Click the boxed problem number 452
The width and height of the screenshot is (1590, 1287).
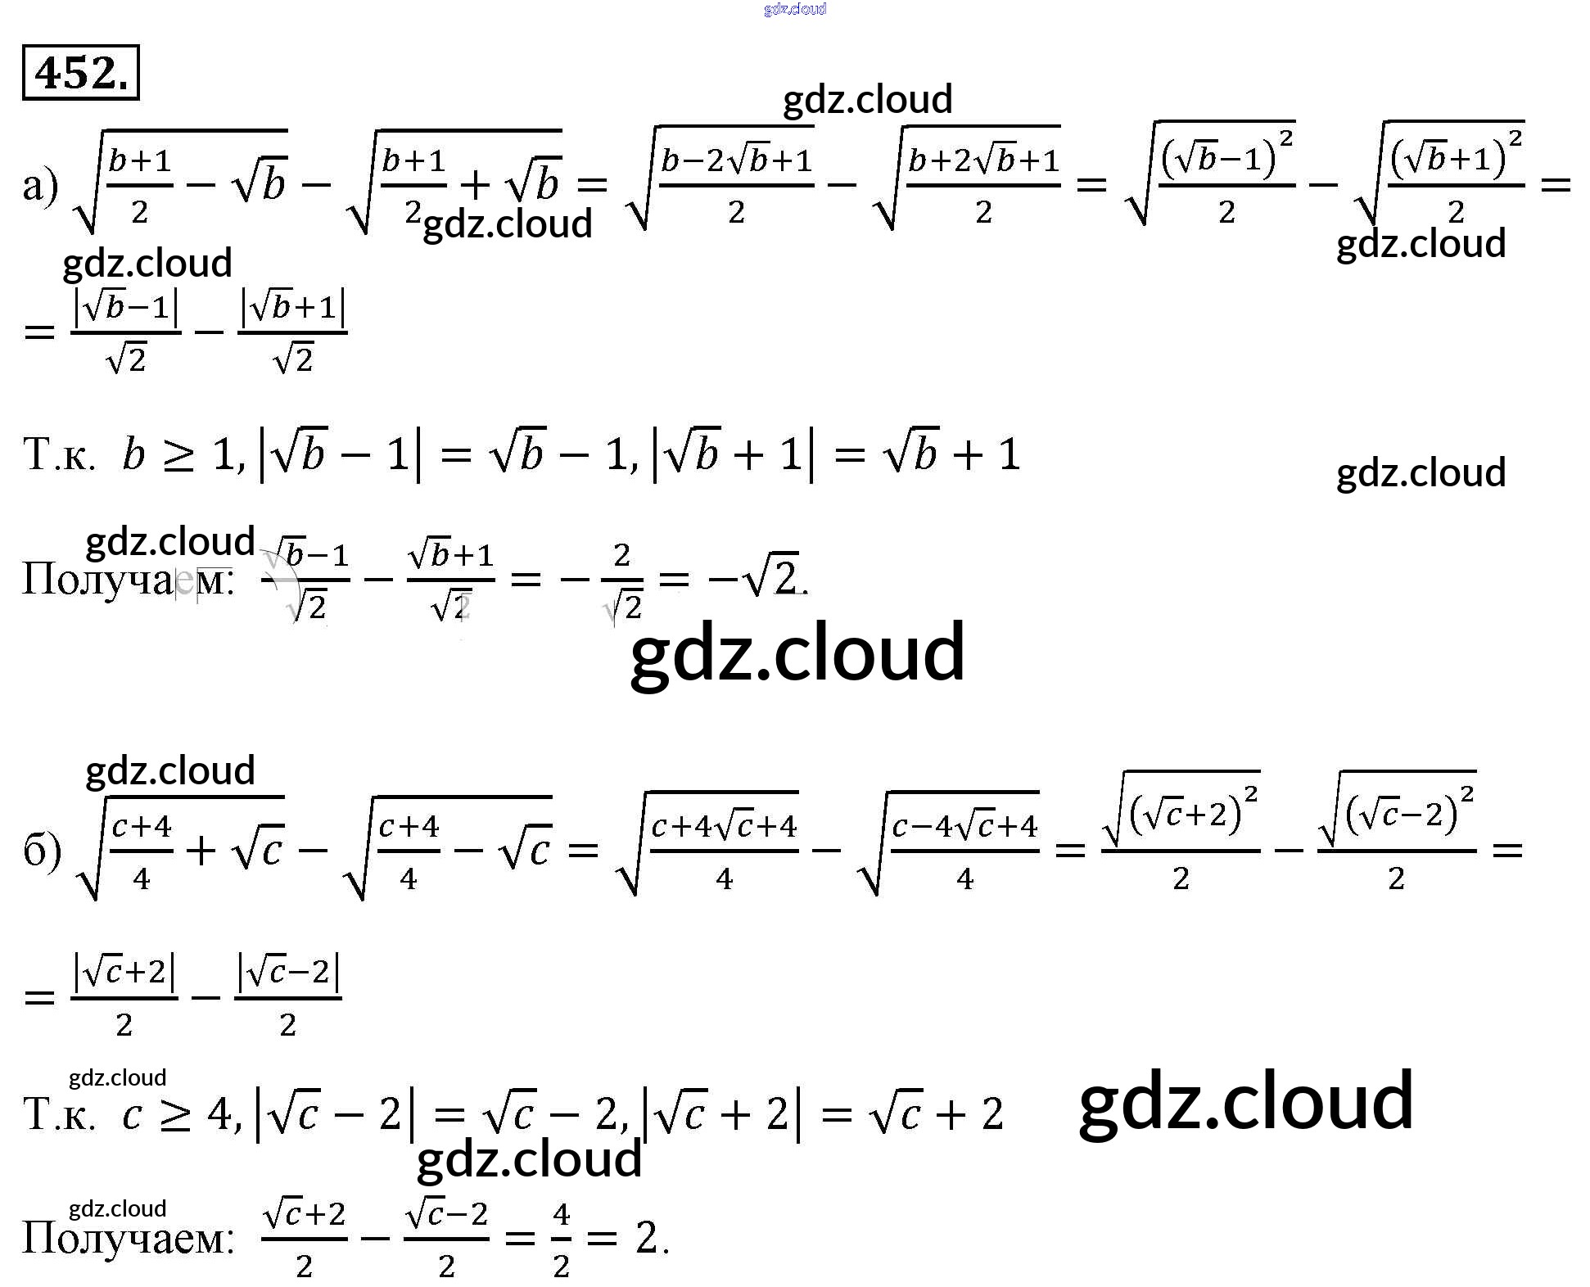(x=80, y=73)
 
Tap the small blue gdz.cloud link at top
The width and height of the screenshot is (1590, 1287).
(x=794, y=9)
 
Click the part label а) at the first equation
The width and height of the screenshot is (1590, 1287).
(x=40, y=185)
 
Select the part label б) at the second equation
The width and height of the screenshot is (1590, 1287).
(x=42, y=851)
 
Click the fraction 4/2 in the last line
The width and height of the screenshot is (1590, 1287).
(x=561, y=1238)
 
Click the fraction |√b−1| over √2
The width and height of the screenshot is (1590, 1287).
(x=126, y=332)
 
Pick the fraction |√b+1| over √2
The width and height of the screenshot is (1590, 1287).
(x=293, y=332)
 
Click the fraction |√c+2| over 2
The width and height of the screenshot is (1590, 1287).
(x=124, y=996)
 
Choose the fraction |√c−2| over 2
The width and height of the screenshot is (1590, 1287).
(x=287, y=996)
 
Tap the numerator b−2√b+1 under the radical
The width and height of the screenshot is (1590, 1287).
(x=736, y=160)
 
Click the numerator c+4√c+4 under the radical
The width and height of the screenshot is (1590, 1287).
(x=724, y=827)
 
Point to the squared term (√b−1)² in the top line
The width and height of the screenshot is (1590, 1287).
(x=1226, y=157)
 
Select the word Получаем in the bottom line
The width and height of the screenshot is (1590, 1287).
(x=127, y=1237)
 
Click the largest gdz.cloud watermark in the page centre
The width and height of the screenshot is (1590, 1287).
(x=797, y=653)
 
